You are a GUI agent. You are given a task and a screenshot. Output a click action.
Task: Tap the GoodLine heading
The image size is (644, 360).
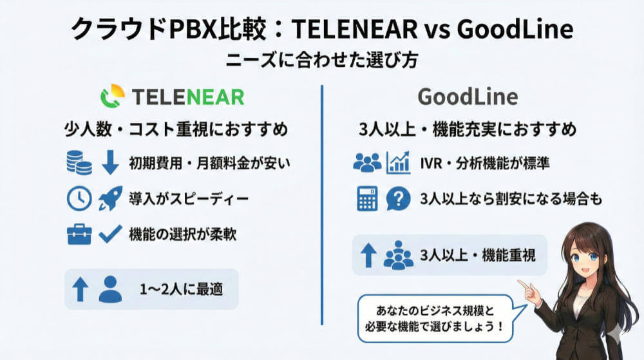(x=468, y=96)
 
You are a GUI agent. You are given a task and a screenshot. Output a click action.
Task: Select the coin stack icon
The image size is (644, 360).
(x=79, y=162)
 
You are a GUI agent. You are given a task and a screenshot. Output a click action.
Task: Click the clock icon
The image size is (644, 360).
(x=79, y=199)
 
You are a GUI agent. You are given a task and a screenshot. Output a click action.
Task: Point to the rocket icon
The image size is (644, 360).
(x=110, y=199)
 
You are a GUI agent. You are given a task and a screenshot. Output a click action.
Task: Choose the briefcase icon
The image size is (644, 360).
(x=79, y=234)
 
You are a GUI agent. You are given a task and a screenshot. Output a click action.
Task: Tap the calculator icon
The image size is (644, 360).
(x=367, y=199)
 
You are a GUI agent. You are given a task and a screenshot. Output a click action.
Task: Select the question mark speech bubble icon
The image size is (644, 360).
(x=398, y=199)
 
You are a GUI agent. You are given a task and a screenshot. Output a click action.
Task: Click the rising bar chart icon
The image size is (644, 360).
(x=398, y=162)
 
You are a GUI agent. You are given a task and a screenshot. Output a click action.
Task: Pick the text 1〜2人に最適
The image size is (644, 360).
(x=182, y=289)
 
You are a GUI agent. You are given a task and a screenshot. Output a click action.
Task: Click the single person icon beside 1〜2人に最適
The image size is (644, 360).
(x=111, y=289)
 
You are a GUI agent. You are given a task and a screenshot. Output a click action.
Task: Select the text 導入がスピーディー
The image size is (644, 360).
(x=188, y=199)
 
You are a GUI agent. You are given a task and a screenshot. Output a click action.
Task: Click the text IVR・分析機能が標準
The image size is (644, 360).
(x=485, y=162)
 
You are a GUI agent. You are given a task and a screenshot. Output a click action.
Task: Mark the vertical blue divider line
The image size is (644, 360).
(x=321, y=193)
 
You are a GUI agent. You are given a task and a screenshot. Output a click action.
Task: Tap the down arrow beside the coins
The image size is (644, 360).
(x=111, y=162)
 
